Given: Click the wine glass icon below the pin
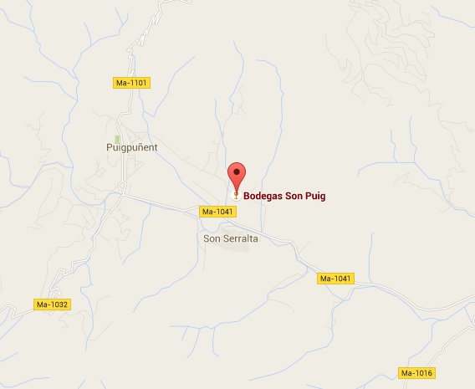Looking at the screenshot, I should click(x=237, y=196).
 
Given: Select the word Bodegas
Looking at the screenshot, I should click(x=264, y=197).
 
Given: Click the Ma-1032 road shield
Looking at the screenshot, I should click(x=51, y=304).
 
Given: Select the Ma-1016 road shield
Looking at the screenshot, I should click(x=418, y=372).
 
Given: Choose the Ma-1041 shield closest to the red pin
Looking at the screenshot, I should click(x=218, y=212).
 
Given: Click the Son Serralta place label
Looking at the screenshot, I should click(x=231, y=238).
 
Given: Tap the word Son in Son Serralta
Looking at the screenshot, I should click(x=212, y=238).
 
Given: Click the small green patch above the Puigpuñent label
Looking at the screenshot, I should click(x=118, y=137).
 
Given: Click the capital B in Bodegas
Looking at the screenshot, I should click(x=247, y=197).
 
